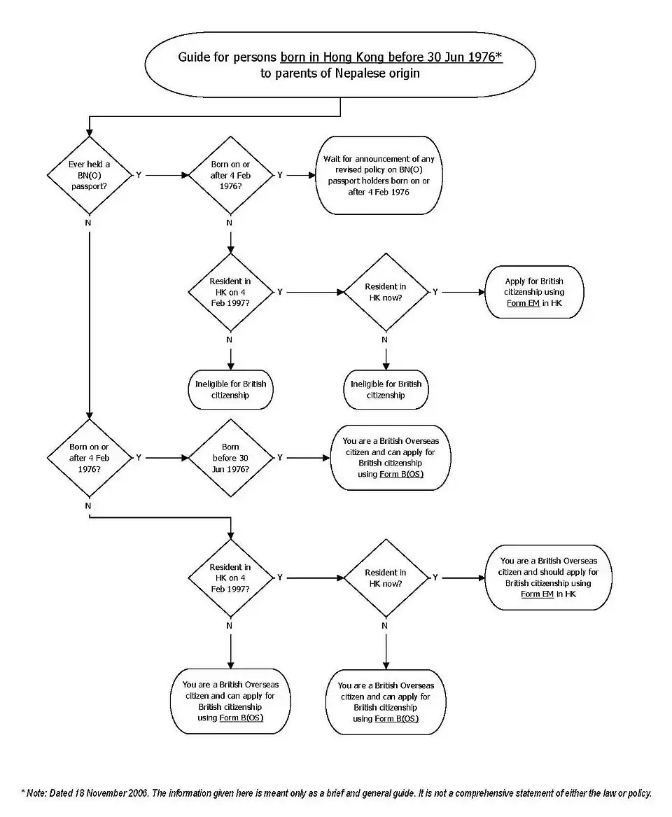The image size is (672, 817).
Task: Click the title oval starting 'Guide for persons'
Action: coord(340,64)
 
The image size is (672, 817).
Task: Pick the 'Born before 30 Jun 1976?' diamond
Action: coord(230,458)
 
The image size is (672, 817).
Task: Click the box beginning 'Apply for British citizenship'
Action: coord(534,292)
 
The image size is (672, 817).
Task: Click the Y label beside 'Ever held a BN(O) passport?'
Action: coord(139,175)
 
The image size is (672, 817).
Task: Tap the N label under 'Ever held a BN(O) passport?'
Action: coord(88,223)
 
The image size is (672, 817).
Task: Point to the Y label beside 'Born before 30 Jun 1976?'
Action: coord(280,458)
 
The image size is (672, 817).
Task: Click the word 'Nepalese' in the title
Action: coord(353,73)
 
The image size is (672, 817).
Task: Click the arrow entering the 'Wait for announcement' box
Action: coord(301,176)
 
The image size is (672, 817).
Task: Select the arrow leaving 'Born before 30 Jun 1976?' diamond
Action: coord(308,458)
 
